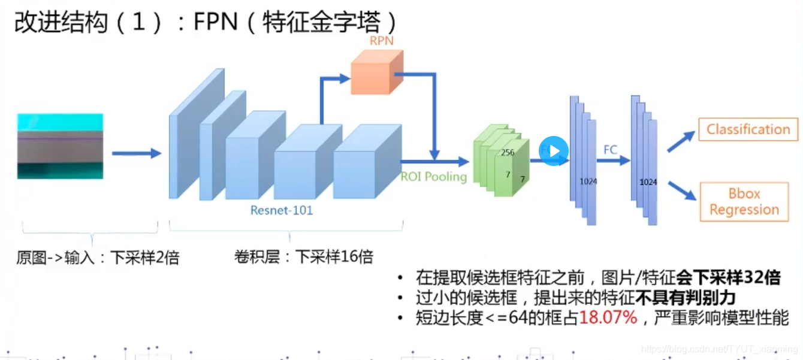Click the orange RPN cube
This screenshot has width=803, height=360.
(376, 72)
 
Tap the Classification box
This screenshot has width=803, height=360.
(748, 129)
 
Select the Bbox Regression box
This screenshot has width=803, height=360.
(744, 202)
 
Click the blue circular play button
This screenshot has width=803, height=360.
(553, 151)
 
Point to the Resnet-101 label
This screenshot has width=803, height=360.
(282, 210)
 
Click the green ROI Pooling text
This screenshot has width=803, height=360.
(433, 177)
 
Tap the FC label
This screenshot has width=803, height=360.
(610, 150)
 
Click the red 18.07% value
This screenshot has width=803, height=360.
(608, 317)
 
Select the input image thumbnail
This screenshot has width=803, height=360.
(60, 146)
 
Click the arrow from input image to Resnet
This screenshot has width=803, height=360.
(137, 154)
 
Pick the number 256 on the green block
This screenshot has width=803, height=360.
(508, 153)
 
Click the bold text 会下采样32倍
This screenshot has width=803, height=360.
(728, 278)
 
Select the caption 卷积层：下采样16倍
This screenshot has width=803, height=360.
(303, 258)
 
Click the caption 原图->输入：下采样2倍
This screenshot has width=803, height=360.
(98, 258)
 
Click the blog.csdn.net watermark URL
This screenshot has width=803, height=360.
(719, 349)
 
